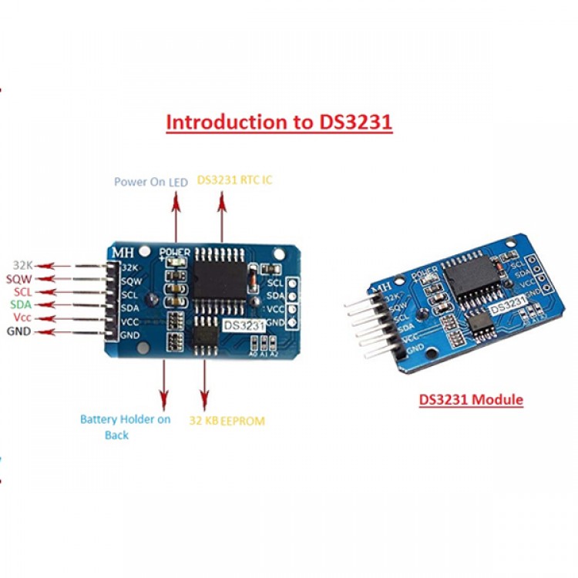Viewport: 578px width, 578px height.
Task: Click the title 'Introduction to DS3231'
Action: [x=279, y=122]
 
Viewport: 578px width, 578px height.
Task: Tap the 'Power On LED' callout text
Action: [x=151, y=182]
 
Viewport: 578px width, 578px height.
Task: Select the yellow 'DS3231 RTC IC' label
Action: [x=234, y=180]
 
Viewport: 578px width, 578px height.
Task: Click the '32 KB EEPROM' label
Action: [x=227, y=421]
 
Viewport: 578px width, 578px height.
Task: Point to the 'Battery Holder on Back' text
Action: [x=125, y=427]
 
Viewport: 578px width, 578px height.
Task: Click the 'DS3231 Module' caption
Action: [x=471, y=400]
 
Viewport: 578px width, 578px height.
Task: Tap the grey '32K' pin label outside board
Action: [x=23, y=264]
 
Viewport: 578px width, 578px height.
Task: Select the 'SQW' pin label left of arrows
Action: [x=20, y=278]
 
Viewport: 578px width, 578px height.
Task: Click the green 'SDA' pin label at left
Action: [x=21, y=305]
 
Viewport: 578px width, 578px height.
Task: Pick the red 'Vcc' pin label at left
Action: [x=22, y=318]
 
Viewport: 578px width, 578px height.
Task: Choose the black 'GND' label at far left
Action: [x=19, y=332]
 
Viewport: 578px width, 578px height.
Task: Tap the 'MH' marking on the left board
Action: [x=123, y=252]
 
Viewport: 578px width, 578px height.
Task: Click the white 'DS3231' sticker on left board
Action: [x=244, y=326]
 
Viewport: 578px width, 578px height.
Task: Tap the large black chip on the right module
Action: [x=472, y=274]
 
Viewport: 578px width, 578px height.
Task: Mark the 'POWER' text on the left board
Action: [x=175, y=252]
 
